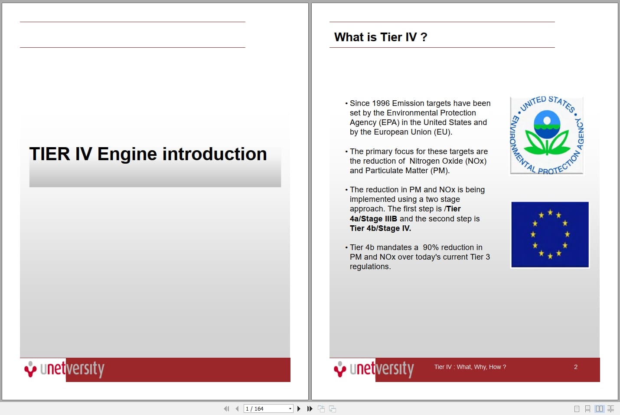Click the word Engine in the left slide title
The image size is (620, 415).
(127, 154)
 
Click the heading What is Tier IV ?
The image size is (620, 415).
(381, 37)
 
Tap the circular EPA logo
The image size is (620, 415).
(547, 135)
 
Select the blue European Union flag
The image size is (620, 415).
(550, 234)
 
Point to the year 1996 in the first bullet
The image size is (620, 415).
(381, 103)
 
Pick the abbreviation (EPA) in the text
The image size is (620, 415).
(389, 122)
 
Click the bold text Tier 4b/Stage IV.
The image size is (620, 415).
(380, 228)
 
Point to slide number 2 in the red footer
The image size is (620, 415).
(576, 367)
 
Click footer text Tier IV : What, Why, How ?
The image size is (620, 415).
(470, 367)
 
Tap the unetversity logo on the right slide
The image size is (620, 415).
(374, 369)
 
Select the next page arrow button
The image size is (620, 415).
(299, 408)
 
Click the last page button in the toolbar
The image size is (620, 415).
(310, 408)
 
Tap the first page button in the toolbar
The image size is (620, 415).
(226, 408)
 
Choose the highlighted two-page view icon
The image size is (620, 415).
(599, 408)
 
